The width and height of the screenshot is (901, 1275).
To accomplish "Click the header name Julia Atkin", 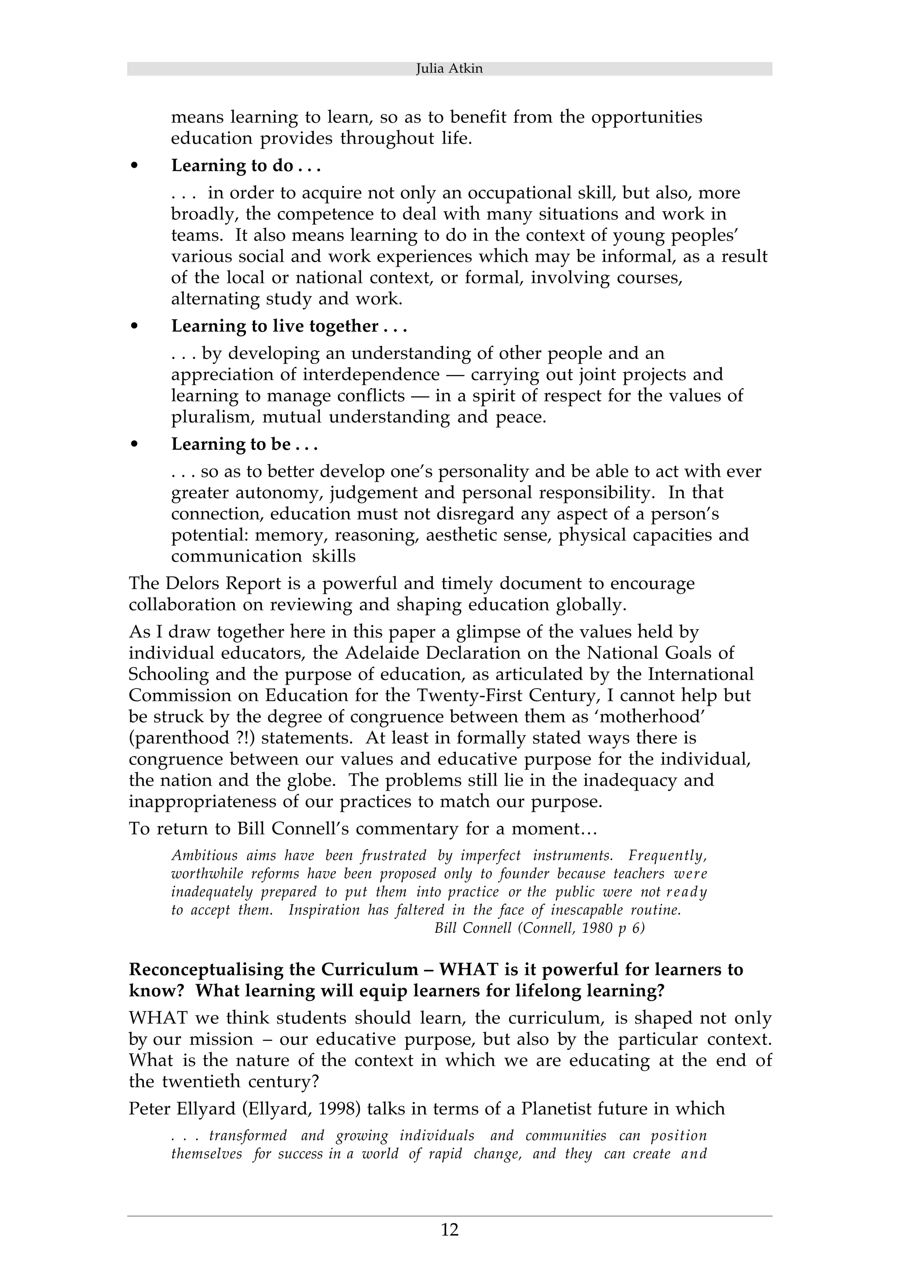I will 449,69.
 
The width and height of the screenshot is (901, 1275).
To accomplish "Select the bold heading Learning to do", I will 246,166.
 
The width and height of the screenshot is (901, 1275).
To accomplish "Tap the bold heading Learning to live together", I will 289,326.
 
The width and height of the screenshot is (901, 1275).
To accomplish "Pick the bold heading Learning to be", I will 244,444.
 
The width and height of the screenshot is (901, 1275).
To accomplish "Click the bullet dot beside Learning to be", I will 133,445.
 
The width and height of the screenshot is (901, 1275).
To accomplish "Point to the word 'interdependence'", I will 371,375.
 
